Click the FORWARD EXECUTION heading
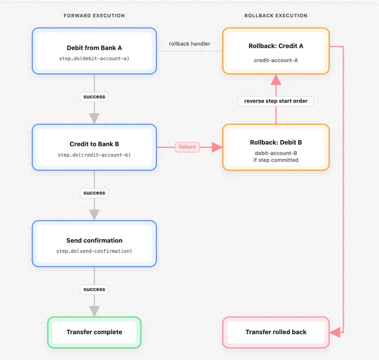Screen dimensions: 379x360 pos(94,16)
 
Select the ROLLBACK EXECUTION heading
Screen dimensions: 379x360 pos(276,16)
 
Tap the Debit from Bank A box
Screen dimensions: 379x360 pos(94,51)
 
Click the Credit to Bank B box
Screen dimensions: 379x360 pos(94,147)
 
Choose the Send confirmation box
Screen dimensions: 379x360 pos(94,244)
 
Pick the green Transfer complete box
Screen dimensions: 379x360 pos(94,332)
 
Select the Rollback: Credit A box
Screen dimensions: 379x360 pos(276,51)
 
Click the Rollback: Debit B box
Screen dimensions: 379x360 pos(276,147)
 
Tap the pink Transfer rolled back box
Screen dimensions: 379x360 pos(276,332)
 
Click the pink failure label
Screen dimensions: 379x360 pos(187,147)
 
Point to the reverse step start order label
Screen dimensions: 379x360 pos(276,101)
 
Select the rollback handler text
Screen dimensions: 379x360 pos(190,44)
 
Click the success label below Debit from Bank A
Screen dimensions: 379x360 pos(94,97)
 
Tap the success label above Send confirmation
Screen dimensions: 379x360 pos(94,193)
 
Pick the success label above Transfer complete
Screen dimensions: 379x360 pos(94,290)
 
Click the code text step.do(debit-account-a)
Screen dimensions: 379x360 pos(94,58)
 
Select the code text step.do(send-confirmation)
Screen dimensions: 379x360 pos(94,251)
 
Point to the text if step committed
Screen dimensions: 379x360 pos(276,160)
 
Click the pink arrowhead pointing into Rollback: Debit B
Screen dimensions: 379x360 pos(217,147)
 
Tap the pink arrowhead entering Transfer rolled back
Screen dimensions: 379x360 pos(335,332)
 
